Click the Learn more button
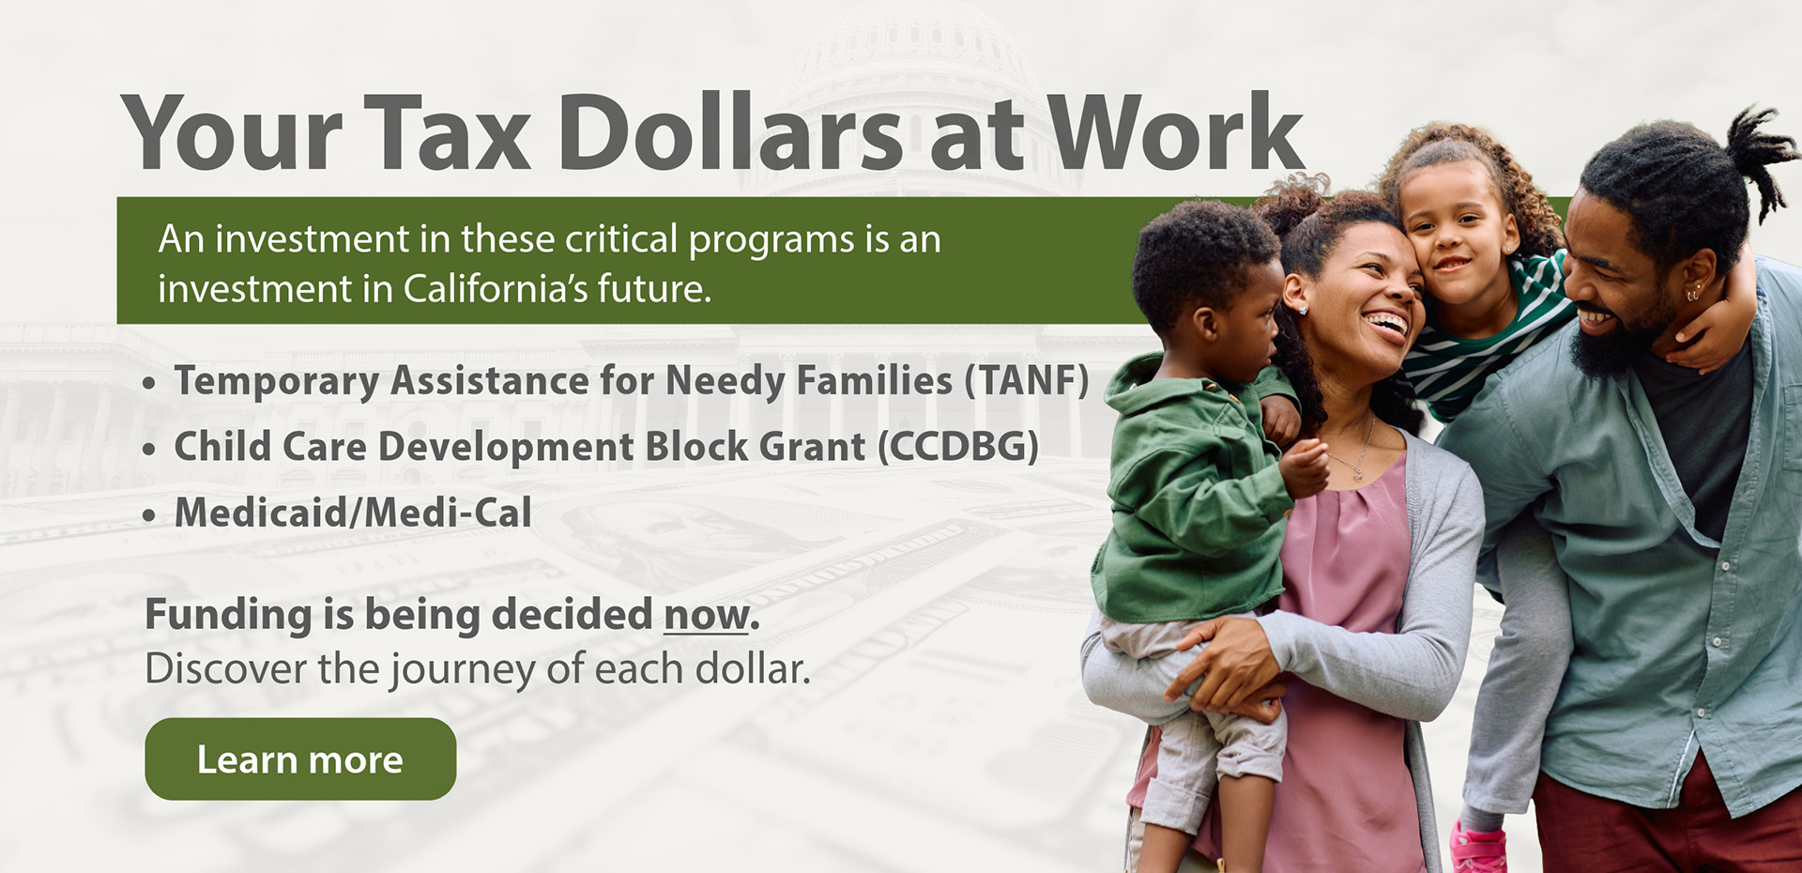click(300, 759)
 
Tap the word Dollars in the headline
click(732, 134)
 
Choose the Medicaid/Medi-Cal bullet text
click(353, 513)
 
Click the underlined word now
click(706, 616)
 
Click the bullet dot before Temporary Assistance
click(149, 384)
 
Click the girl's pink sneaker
click(1476, 849)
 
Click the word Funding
click(228, 616)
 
